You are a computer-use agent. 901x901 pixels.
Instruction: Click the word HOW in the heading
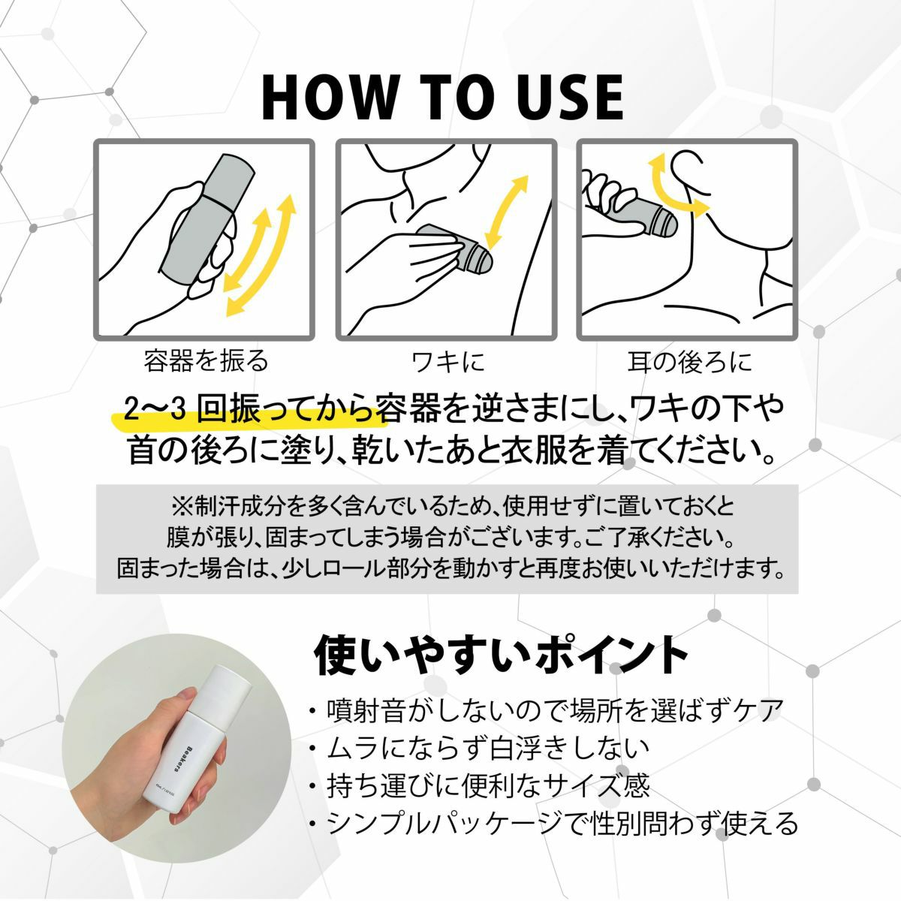328,98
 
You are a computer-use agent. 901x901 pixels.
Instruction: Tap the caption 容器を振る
206,360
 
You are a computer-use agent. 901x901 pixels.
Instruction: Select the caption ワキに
447,361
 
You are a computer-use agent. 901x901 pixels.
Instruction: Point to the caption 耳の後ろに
689,361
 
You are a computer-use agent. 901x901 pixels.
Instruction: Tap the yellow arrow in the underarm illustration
506,212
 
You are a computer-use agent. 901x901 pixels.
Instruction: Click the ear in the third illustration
692,173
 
